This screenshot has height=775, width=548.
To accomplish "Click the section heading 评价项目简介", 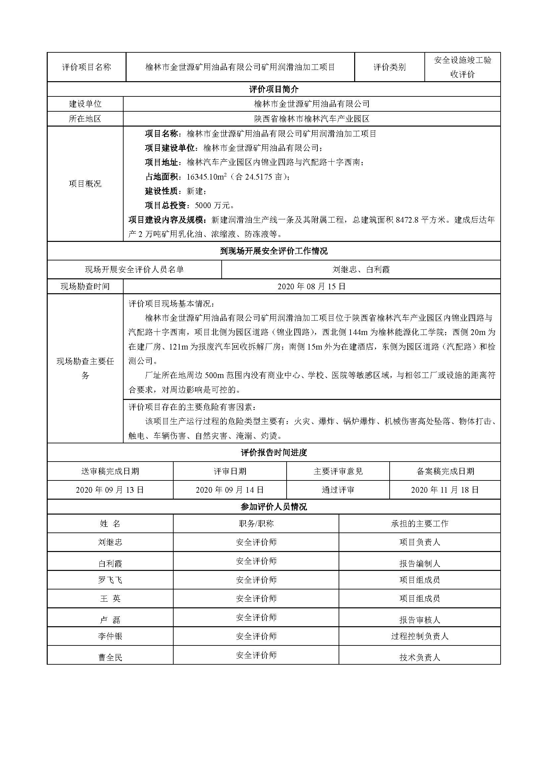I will click(274, 89).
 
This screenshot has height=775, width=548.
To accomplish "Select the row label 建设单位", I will click(85, 104).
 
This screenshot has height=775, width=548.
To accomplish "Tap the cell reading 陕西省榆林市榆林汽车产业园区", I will click(311, 119).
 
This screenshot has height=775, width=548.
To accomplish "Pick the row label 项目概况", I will click(85, 184).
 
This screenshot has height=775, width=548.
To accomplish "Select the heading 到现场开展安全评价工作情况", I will click(274, 251).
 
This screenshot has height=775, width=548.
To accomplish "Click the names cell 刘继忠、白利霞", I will click(361, 269).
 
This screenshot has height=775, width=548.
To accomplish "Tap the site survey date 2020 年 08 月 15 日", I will click(311, 287).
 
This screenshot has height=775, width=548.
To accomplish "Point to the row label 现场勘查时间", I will click(85, 287).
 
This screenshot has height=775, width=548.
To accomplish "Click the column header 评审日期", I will click(230, 471).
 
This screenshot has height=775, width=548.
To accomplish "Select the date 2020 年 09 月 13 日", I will click(110, 490).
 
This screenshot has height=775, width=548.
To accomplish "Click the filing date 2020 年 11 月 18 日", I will click(445, 490).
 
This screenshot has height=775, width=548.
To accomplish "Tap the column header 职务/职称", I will click(256, 524).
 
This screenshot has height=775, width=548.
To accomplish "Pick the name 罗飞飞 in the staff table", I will click(110, 580).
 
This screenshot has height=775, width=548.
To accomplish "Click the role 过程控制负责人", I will click(419, 636).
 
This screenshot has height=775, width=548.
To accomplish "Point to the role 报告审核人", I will click(419, 620).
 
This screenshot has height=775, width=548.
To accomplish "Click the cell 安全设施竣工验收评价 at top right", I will click(462, 67).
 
